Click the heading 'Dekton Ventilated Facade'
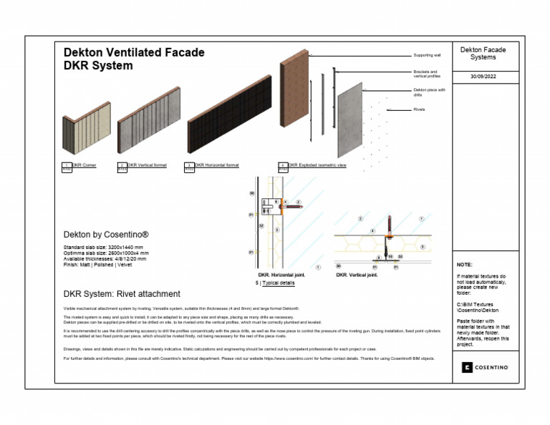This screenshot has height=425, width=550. point(134,52)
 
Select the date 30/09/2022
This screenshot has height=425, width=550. point(483,76)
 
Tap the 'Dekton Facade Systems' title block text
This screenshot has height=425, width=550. point(483,54)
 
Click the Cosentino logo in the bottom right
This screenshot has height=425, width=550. point(484,367)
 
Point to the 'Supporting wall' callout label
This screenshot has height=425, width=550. point(427,55)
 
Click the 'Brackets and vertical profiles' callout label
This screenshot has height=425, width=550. point(428,74)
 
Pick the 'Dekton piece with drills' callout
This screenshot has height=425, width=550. point(429,92)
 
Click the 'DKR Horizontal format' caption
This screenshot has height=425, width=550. point(216,165)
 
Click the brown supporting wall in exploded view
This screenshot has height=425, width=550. point(294,89)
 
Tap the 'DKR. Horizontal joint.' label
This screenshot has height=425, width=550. point(282,275)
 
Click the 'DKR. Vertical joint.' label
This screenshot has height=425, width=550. point(357,275)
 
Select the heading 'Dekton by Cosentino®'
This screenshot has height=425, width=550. point(106,235)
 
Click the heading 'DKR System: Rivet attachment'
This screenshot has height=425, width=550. point(122,294)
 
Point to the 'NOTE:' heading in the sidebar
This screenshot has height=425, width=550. point(464,265)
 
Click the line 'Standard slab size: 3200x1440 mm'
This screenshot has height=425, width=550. point(105,247)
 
